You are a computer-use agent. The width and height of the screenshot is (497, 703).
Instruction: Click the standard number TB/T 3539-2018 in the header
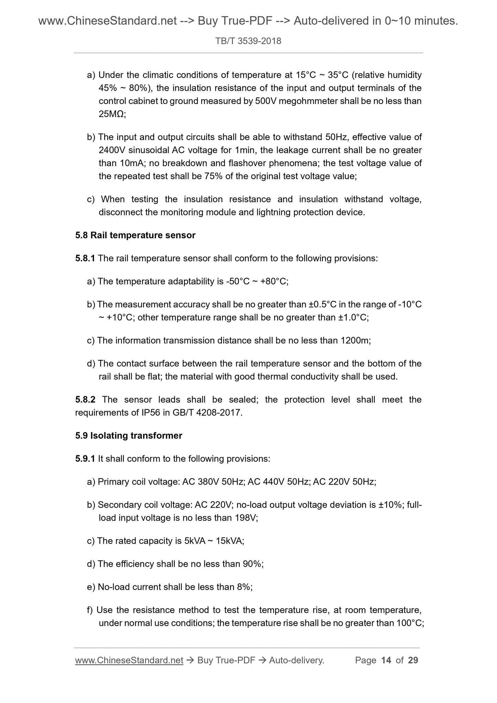(248, 41)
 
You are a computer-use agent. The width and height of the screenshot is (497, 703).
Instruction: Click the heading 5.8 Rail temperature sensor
(135, 235)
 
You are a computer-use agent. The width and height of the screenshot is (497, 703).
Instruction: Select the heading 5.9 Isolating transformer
(129, 435)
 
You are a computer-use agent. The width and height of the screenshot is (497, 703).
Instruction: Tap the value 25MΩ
(112, 114)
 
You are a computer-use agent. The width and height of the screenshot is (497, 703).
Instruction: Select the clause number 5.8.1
(85, 258)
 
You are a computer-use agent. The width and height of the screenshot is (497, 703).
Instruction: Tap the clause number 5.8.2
(85, 399)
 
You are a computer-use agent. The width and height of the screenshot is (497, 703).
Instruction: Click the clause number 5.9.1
(85, 458)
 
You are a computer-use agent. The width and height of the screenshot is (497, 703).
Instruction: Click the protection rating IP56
(151, 412)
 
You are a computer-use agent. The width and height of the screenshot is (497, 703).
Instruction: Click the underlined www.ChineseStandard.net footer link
(129, 660)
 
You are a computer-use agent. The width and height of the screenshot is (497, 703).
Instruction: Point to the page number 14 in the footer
(386, 660)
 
